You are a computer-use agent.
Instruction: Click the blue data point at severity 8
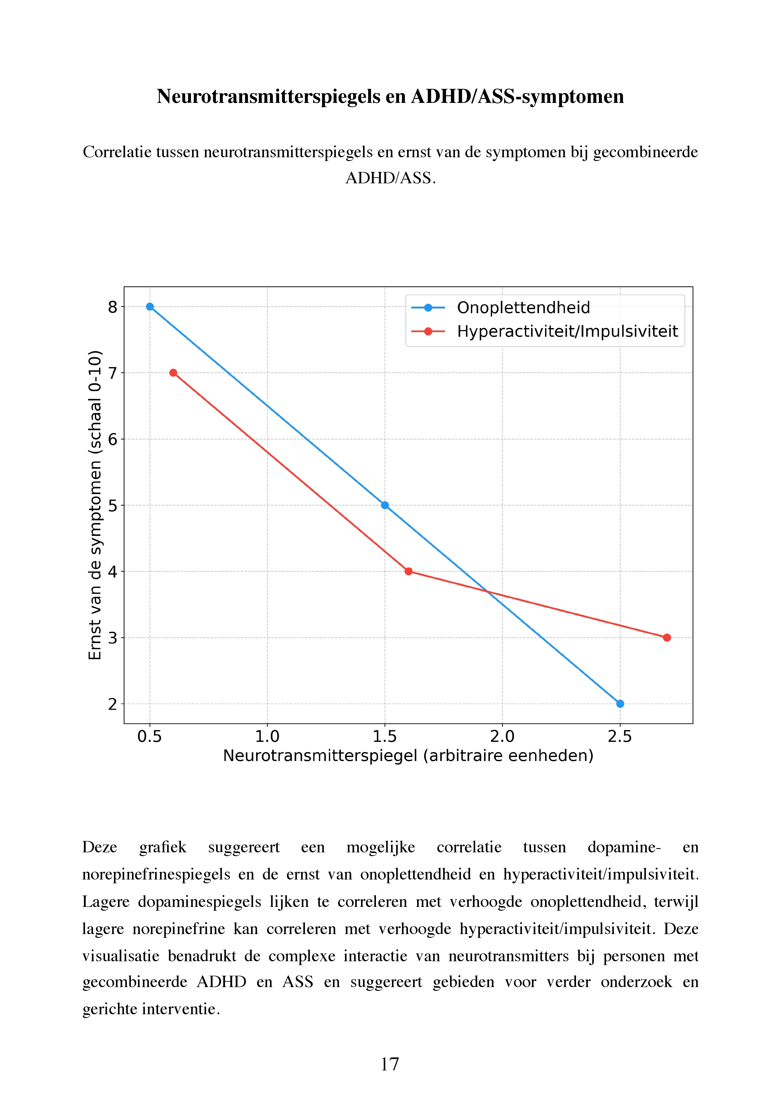(150, 307)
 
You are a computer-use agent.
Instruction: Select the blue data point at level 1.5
(385, 505)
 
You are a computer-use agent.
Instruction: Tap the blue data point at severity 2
(620, 704)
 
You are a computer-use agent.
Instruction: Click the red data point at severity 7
(173, 373)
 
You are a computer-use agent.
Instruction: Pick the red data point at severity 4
(408, 571)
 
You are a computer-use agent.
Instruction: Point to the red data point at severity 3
(667, 638)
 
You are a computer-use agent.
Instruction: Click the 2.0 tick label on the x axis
(502, 737)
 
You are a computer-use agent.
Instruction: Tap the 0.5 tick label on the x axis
(150, 737)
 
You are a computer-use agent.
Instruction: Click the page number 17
(389, 1064)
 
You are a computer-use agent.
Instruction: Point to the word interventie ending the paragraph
(178, 1009)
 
